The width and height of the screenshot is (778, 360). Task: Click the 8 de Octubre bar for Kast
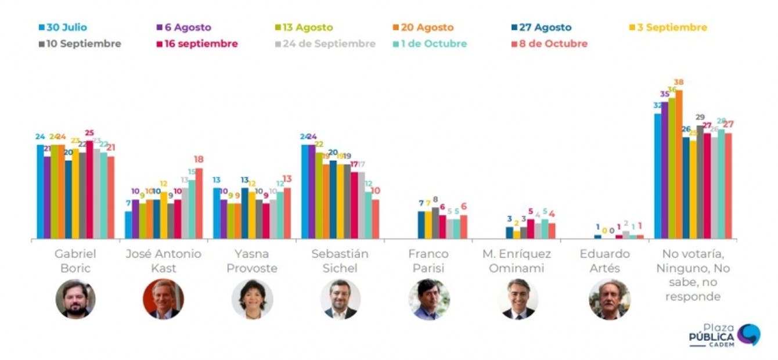tap(199, 203)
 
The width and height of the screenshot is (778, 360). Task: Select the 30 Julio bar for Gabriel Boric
tap(40, 192)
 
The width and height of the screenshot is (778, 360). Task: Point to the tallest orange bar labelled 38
tap(679, 164)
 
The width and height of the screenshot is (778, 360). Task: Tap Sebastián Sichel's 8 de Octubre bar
tap(375, 219)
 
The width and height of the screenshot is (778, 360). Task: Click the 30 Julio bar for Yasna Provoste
tap(217, 213)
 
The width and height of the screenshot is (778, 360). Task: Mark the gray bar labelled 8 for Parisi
tap(435, 223)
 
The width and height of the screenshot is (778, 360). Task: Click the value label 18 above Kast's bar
tap(199, 160)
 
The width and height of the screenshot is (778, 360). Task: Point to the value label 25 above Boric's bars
tap(89, 133)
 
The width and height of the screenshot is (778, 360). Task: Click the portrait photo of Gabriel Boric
tap(75, 299)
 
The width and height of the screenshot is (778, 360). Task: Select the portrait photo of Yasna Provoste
tap(252, 299)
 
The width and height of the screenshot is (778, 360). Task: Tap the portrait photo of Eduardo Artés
tap(609, 299)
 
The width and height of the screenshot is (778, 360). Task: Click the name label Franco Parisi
tap(428, 261)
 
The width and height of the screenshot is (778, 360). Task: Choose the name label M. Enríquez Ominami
tap(516, 261)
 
